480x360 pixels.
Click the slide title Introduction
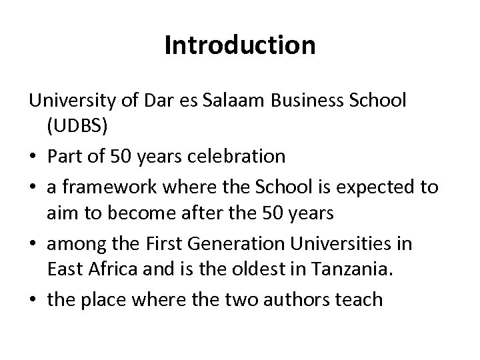click(x=240, y=46)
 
